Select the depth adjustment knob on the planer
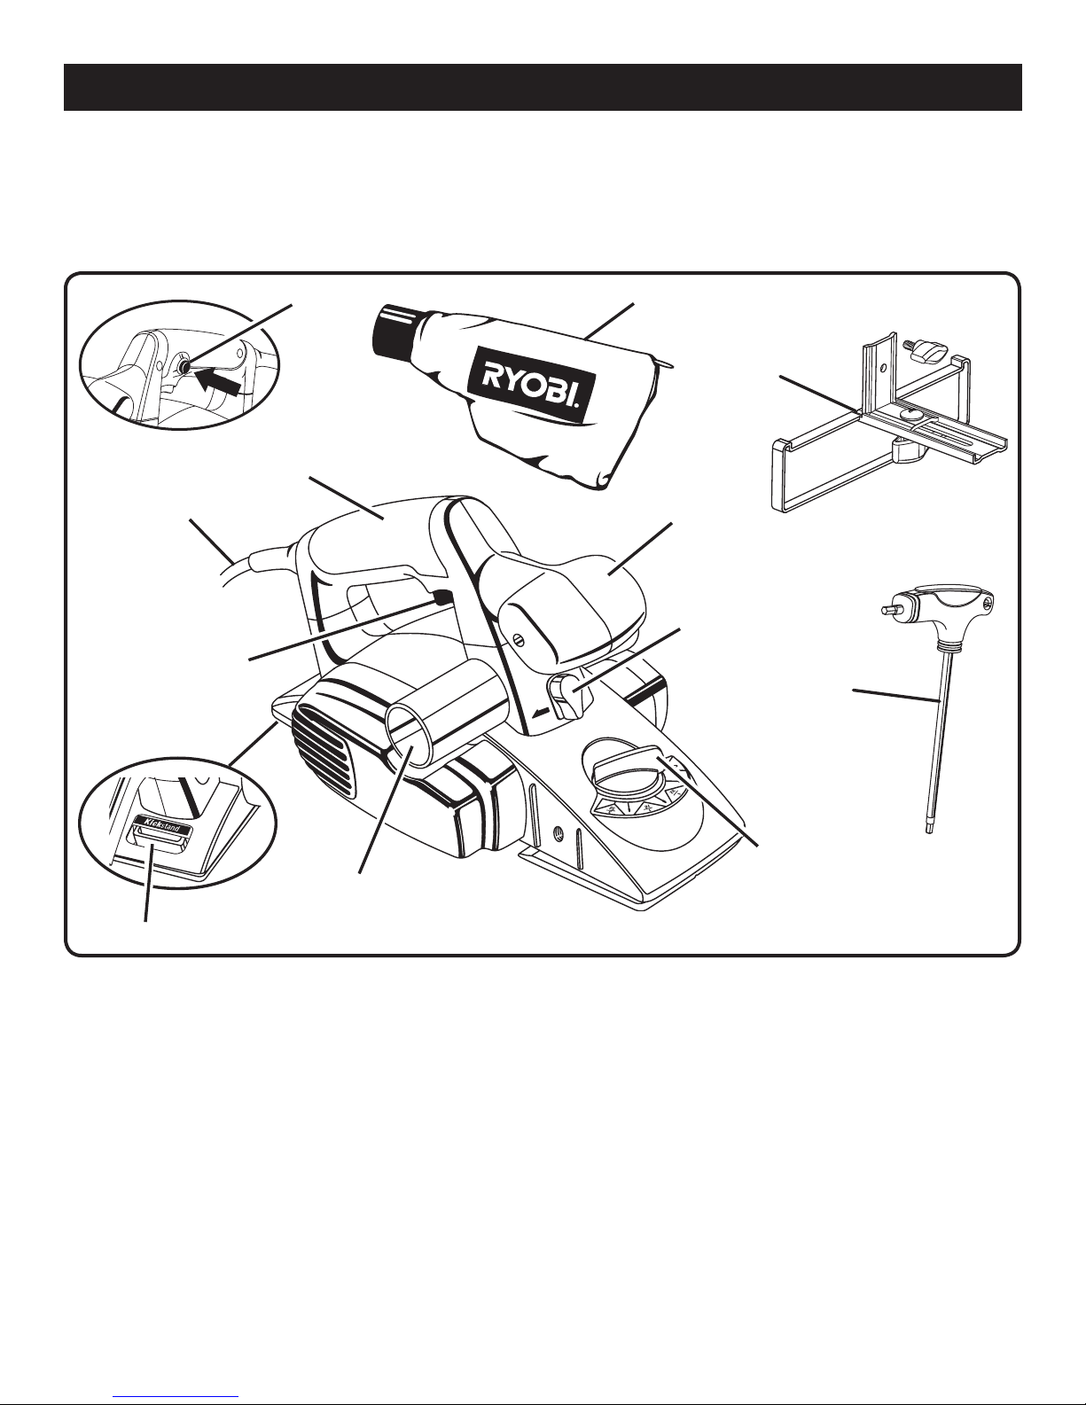[624, 769]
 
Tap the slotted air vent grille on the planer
[324, 750]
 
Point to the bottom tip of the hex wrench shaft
[930, 833]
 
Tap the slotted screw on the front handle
[519, 640]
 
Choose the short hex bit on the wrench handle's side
[893, 609]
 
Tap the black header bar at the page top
[543, 87]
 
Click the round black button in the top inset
[185, 367]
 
